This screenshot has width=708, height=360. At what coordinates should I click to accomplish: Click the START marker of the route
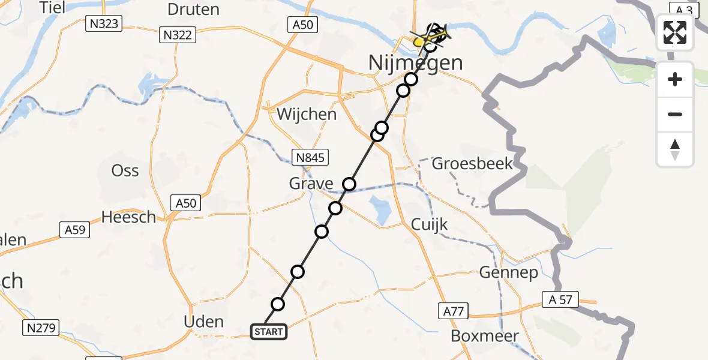click(x=268, y=332)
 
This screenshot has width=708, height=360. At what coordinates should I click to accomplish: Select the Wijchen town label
click(x=307, y=114)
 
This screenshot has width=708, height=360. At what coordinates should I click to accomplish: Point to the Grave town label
click(x=311, y=183)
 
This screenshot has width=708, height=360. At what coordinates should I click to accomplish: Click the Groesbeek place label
click(x=472, y=163)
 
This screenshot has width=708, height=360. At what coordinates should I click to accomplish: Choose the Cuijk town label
click(x=429, y=224)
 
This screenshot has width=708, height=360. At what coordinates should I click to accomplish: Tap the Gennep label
click(x=508, y=273)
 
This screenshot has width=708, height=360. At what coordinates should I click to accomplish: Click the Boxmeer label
click(x=484, y=336)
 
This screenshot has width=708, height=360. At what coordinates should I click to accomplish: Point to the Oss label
click(x=125, y=171)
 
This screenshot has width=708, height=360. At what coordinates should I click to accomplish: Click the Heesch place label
click(x=128, y=217)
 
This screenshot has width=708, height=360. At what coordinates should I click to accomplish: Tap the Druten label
click(x=193, y=10)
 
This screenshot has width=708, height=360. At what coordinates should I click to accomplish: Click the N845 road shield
click(x=310, y=158)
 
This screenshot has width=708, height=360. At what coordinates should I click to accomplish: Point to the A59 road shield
click(x=74, y=229)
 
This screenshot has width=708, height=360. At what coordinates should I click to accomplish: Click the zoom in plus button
click(x=675, y=79)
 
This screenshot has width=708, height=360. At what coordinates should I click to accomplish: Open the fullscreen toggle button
click(x=675, y=32)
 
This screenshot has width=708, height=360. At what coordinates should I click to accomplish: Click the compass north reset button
click(x=675, y=149)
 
